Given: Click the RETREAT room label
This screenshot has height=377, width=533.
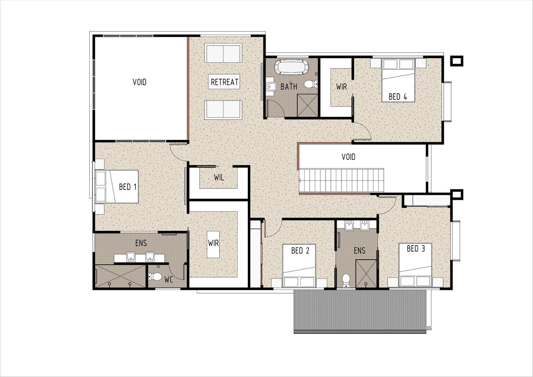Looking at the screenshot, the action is (x=224, y=82).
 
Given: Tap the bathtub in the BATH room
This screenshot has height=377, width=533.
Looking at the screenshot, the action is (x=291, y=67).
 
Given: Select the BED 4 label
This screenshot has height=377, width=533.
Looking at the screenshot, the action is (x=398, y=96).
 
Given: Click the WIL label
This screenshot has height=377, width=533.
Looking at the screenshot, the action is (x=219, y=177).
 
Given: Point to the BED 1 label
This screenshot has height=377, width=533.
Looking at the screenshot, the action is (x=128, y=187).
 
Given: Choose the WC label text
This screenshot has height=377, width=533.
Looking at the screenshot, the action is (x=168, y=279).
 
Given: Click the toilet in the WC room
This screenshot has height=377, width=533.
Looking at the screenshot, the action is (x=155, y=276).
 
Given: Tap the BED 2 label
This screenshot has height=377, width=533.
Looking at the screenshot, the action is (x=300, y=250).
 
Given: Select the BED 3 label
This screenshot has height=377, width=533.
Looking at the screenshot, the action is (x=416, y=249).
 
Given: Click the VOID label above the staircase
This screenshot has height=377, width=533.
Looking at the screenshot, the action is (x=348, y=157).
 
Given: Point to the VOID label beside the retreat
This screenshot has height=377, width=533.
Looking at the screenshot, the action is (x=139, y=82).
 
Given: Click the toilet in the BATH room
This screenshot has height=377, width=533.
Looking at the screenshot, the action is (x=311, y=84).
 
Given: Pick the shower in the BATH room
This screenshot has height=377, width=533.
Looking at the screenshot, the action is (x=307, y=105).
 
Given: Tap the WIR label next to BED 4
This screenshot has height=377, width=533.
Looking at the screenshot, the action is (x=342, y=87).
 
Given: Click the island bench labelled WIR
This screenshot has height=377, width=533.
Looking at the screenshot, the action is (x=213, y=244).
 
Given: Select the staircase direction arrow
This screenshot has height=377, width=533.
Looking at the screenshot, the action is (x=301, y=181).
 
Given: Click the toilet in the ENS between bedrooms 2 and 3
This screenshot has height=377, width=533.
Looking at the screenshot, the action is (x=346, y=281).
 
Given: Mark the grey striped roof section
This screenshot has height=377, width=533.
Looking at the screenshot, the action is (x=360, y=311).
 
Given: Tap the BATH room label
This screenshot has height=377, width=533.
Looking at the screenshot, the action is (x=289, y=87).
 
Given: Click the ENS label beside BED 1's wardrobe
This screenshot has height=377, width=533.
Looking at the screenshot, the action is (x=141, y=243).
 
